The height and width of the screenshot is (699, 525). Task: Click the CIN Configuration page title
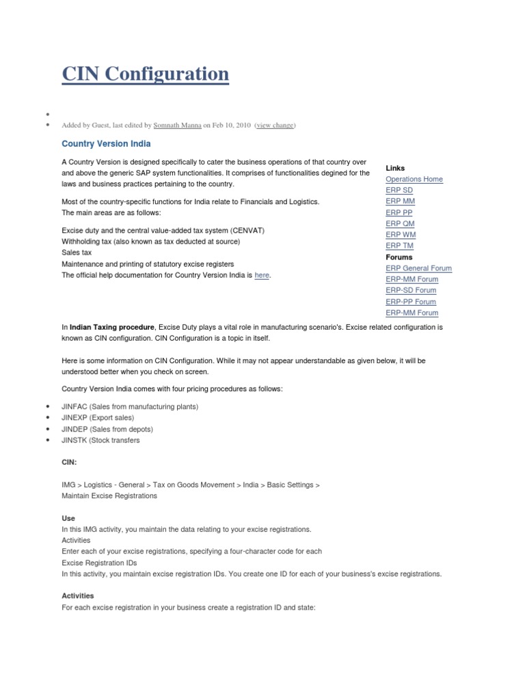tap(145, 74)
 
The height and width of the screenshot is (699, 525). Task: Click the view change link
tap(275, 126)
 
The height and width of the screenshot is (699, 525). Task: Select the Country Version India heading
tap(106, 145)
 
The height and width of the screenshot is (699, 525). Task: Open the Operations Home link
tap(414, 180)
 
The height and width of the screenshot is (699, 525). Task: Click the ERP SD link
tap(399, 190)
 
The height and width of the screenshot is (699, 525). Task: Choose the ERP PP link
tap(399, 212)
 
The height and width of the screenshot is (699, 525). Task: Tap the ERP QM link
tap(400, 224)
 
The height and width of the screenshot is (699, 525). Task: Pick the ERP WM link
tap(400, 235)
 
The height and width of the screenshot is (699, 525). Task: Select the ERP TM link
tap(399, 246)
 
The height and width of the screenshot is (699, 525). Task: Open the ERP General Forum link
tap(418, 268)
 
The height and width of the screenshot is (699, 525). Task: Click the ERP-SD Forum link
tap(412, 290)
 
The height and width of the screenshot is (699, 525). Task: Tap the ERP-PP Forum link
tap(411, 302)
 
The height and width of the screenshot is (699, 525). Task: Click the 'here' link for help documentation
tap(262, 275)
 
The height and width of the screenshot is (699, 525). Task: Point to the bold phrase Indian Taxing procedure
tap(112, 328)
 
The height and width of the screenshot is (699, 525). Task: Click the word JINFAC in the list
tap(75, 407)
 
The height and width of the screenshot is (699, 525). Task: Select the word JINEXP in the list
tap(75, 418)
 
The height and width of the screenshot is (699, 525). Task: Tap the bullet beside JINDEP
tap(47, 429)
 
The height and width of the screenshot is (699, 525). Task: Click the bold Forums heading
tap(399, 257)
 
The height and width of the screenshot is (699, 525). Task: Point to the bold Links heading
tap(395, 168)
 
